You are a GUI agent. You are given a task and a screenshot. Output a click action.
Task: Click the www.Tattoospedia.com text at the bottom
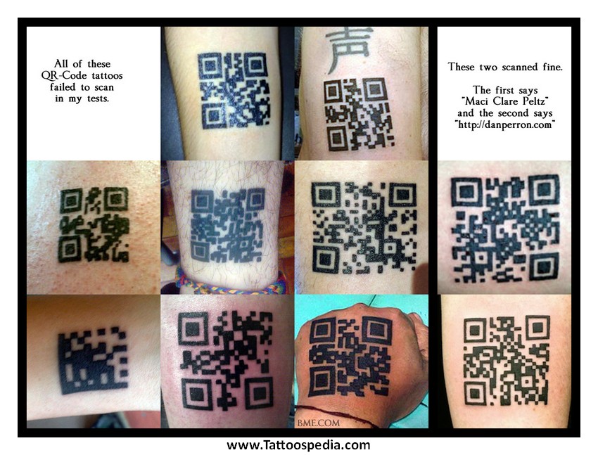tap(298, 444)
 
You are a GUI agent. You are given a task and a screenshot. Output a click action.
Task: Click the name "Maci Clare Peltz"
tap(505, 101)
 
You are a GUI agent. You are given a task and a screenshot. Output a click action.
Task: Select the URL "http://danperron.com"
tap(505, 124)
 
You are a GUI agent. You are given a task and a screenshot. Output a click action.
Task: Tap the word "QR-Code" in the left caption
tap(64, 75)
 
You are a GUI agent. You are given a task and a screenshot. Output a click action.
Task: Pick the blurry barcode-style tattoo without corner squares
tap(93, 360)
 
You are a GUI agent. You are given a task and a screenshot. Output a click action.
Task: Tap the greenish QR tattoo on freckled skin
tap(94, 224)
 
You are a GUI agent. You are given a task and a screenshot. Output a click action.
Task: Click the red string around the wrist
tap(336, 414)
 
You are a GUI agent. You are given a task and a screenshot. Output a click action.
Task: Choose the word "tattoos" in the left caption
tap(107, 75)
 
